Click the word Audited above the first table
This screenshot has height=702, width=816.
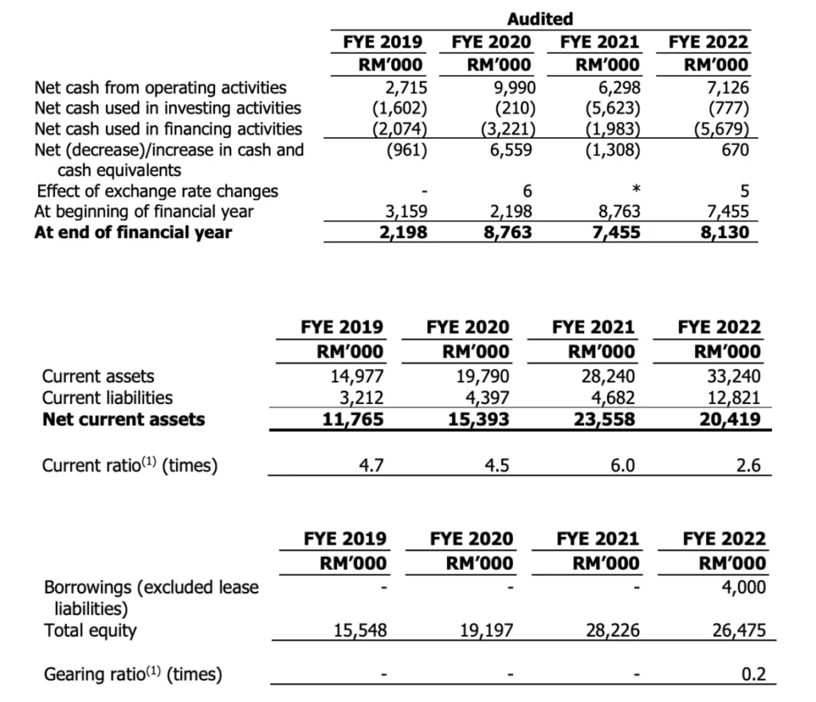(540, 18)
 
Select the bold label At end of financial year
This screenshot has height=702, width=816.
(133, 232)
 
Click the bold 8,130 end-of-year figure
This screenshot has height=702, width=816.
(722, 232)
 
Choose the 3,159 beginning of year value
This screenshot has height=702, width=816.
(406, 211)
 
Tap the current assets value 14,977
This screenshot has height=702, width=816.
(359, 375)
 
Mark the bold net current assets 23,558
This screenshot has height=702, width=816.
(608, 418)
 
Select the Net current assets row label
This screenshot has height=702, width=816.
(123, 418)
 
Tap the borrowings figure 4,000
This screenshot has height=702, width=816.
(743, 587)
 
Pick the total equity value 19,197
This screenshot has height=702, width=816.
(487, 630)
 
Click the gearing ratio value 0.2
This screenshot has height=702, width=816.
(753, 674)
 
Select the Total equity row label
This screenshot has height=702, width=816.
(89, 630)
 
